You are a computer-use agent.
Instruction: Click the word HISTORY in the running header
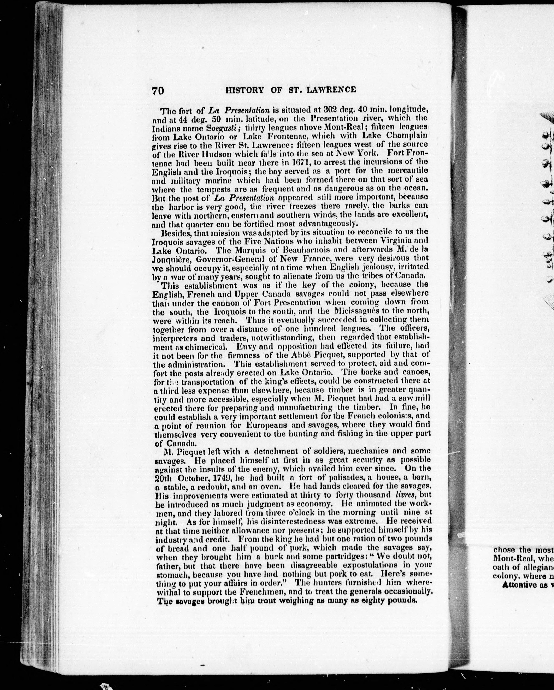click(245, 90)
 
